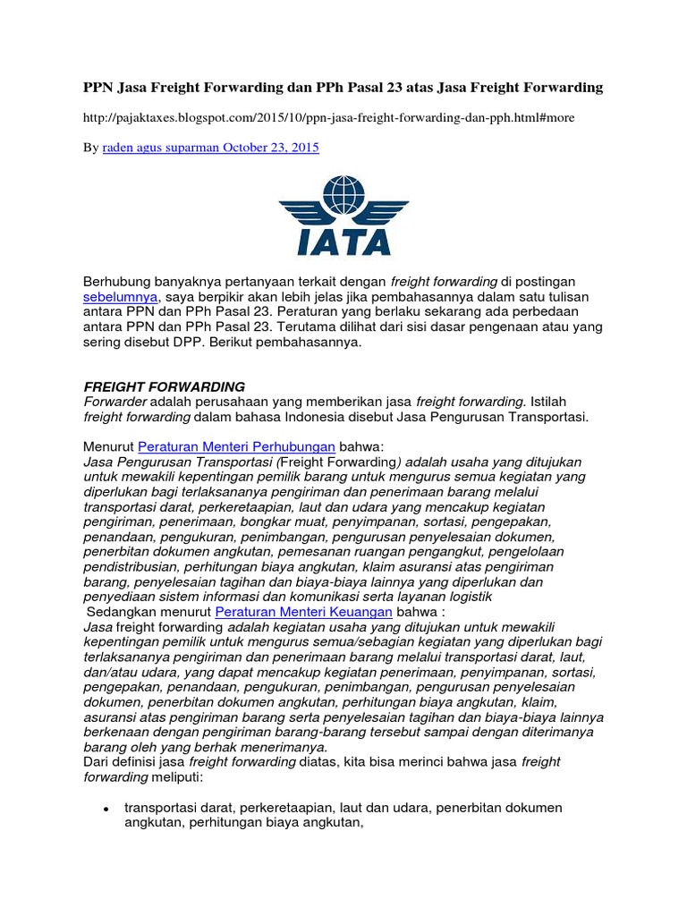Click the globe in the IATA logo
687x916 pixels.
343,197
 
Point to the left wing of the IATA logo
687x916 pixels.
301,210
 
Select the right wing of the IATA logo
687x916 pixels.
386,210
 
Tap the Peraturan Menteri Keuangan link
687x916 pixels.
304,611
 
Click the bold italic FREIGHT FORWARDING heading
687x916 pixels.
164,386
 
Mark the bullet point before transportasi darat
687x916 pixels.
106,808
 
